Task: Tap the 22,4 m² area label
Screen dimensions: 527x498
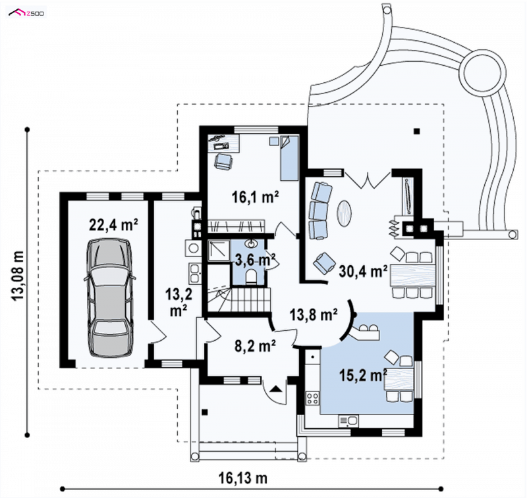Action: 113,225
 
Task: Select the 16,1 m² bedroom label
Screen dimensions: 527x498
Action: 256,197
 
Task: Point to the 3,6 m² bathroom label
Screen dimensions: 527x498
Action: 256,260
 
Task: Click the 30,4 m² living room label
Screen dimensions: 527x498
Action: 363,271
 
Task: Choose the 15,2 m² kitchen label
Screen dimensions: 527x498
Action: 363,375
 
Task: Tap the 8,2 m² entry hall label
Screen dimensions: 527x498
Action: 256,345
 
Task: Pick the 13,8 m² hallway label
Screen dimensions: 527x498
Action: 314,314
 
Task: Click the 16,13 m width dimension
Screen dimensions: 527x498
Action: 243,478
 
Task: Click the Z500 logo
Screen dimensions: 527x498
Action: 26,13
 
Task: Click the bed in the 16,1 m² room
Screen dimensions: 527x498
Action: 289,158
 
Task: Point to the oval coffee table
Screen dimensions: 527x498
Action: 345,212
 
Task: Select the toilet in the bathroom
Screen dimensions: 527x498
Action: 251,277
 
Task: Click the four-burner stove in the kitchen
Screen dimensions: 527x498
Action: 312,398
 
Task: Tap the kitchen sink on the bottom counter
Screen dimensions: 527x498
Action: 348,420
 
